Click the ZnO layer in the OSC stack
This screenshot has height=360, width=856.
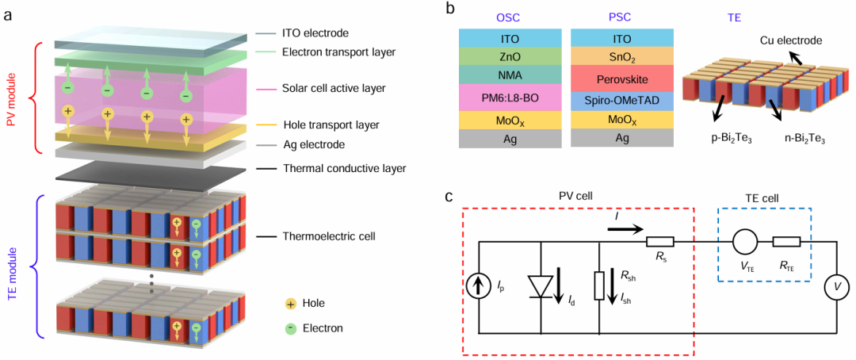[x=510, y=56]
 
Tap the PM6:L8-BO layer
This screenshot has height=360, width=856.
[x=510, y=98]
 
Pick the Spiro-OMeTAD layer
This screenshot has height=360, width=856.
[x=622, y=101]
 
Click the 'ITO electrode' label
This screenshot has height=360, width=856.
[x=315, y=33]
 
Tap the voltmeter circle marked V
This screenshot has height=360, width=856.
[x=838, y=285]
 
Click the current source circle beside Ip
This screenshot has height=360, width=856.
[x=480, y=285]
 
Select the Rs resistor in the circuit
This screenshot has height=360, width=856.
[x=660, y=241]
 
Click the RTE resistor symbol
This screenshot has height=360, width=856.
[x=787, y=241]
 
